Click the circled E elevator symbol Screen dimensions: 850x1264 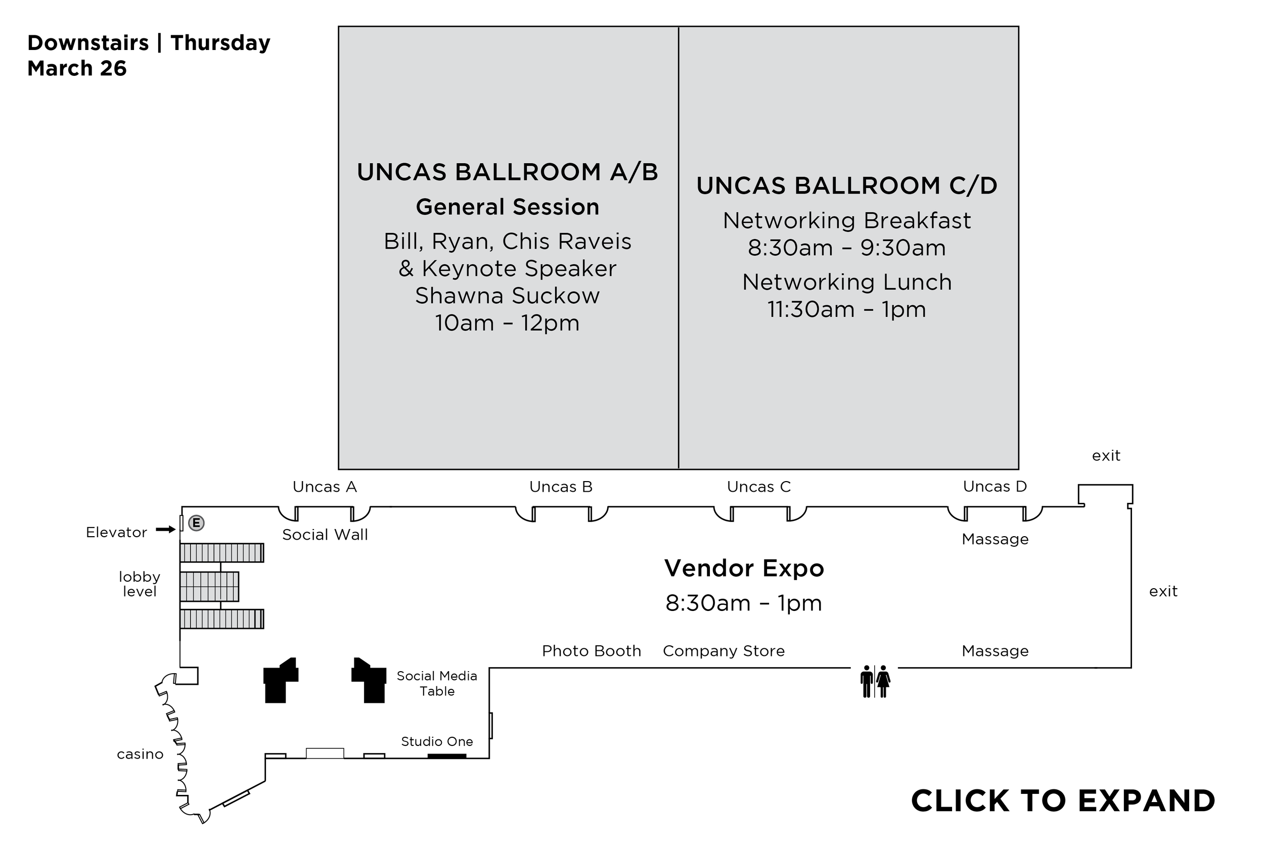tap(196, 523)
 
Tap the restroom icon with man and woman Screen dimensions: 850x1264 tap(875, 681)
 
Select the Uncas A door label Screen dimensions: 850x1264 tap(325, 487)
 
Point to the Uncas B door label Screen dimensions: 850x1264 tap(561, 487)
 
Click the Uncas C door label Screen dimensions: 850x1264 tap(758, 487)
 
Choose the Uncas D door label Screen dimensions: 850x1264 tap(995, 486)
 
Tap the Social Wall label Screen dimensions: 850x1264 tap(325, 535)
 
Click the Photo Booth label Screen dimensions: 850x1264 tap(591, 650)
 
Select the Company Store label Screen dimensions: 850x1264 tap(724, 650)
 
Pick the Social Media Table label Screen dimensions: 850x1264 tap(436, 684)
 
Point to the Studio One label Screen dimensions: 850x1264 tap(436, 741)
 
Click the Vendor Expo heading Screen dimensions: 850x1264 tap(744, 568)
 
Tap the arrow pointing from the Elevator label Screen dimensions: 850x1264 tap(165, 529)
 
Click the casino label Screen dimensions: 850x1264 tap(140, 754)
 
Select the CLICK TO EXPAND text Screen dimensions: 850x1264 tap(1063, 800)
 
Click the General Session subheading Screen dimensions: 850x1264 tap(507, 207)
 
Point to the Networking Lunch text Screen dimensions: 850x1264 tap(846, 282)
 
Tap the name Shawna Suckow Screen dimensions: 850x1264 tap(507, 296)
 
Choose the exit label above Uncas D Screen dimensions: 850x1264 tap(1106, 455)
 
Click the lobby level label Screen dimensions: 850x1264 tap(140, 584)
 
